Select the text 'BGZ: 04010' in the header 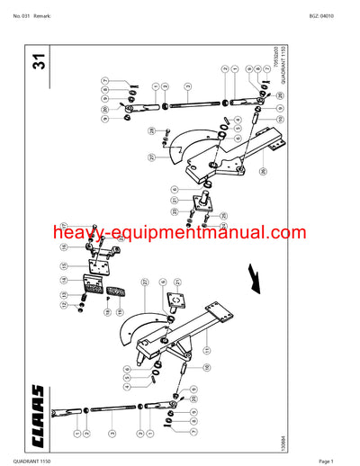click(332, 16)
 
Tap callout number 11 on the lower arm click(208, 351)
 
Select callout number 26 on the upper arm click(263, 171)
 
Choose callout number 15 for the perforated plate click(64, 265)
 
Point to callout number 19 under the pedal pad click(106, 312)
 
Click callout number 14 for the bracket click(64, 282)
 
